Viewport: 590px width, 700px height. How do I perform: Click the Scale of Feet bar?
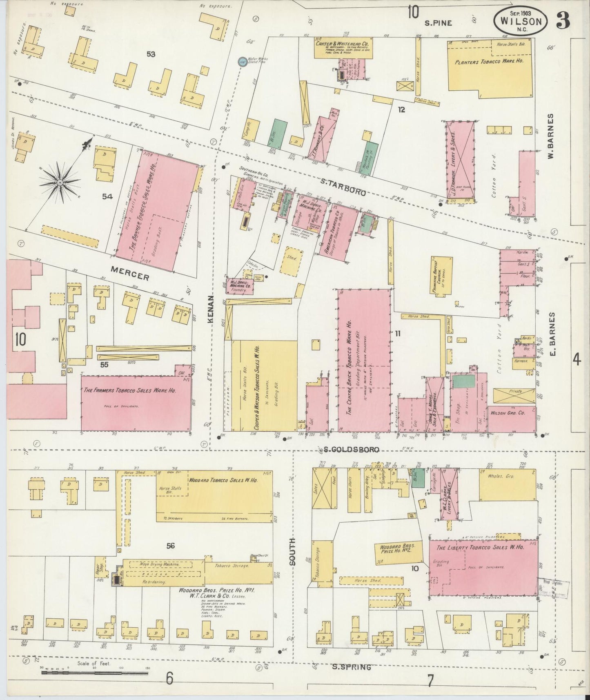tap(95, 672)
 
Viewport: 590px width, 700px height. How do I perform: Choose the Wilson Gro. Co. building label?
tap(507, 412)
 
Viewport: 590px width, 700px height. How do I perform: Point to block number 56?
tap(170, 545)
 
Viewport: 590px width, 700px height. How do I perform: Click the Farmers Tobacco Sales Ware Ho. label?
tap(129, 390)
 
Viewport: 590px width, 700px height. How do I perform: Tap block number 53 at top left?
tap(151, 54)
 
